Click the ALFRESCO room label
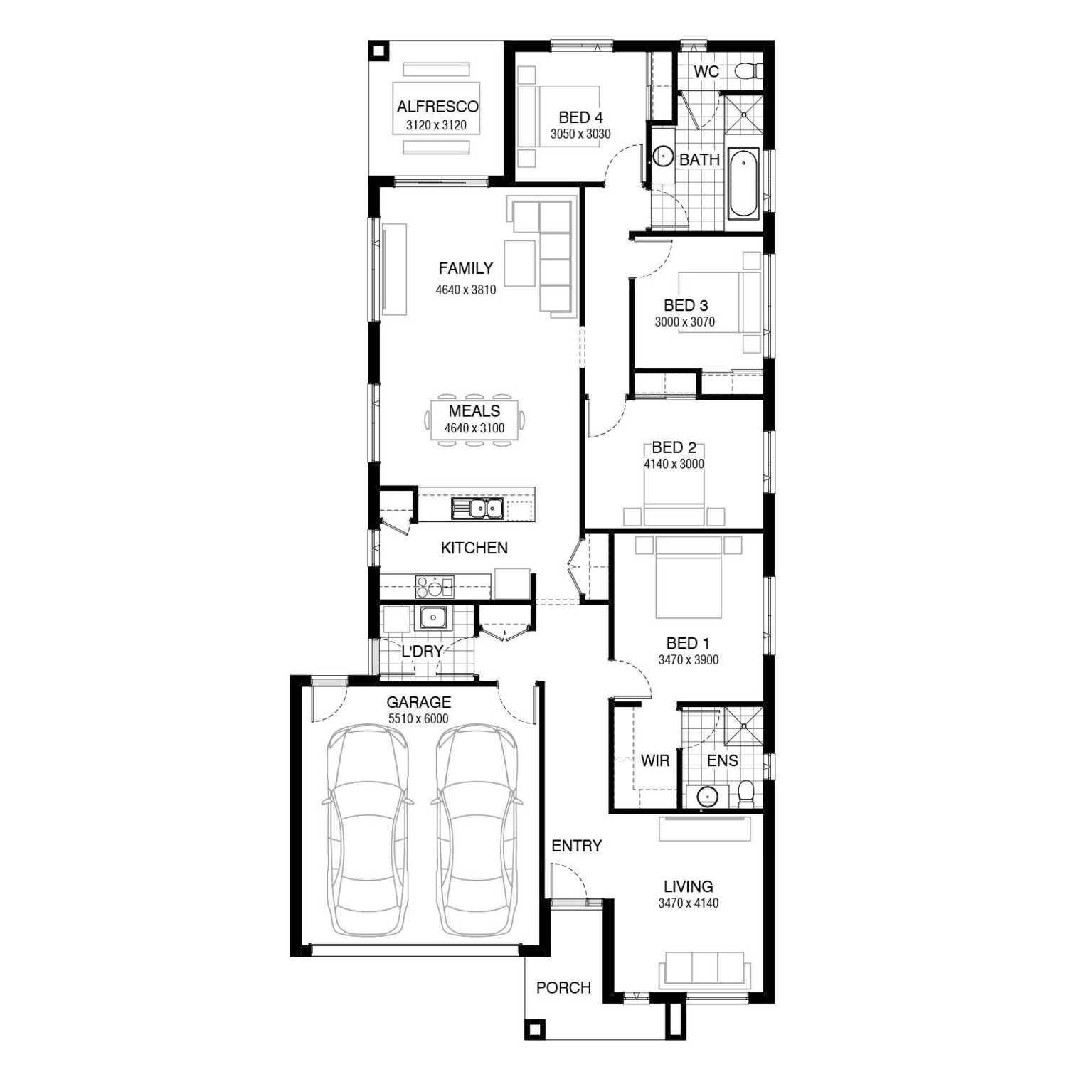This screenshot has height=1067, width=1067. pos(437,107)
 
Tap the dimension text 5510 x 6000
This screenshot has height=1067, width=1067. pos(418,719)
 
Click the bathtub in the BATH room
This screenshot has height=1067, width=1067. pos(744,182)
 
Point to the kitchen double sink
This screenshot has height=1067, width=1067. pos(477,509)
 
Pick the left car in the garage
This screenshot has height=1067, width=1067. pos(367,829)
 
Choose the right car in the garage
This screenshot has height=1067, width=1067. pos(475,829)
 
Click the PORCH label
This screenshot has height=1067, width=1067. pos(563,987)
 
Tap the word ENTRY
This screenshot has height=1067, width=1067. pos(577,846)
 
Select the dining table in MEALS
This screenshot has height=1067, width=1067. pos(475,420)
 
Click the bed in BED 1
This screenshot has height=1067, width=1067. pos(689,577)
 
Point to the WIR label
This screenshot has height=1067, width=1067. pos(654,760)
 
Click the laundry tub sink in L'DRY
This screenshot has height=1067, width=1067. pos(432,617)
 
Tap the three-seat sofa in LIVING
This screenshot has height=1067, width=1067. pos(704,969)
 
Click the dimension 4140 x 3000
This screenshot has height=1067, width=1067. pos(674,464)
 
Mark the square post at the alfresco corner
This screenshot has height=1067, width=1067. pos(379,51)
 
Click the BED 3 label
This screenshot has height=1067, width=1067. pos(686,305)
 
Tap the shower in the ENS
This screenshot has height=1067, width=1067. pos(743,726)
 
